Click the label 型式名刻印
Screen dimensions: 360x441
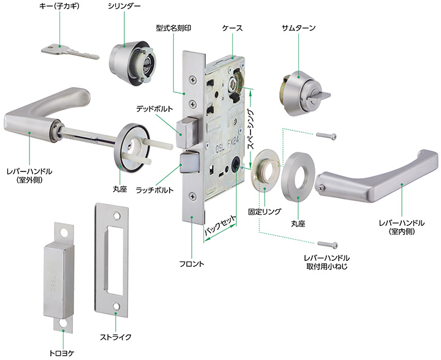173,28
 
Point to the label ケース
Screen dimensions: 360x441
232,28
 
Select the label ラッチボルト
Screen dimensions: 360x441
153,190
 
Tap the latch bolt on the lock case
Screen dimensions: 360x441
189,164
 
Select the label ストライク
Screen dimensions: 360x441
116,337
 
